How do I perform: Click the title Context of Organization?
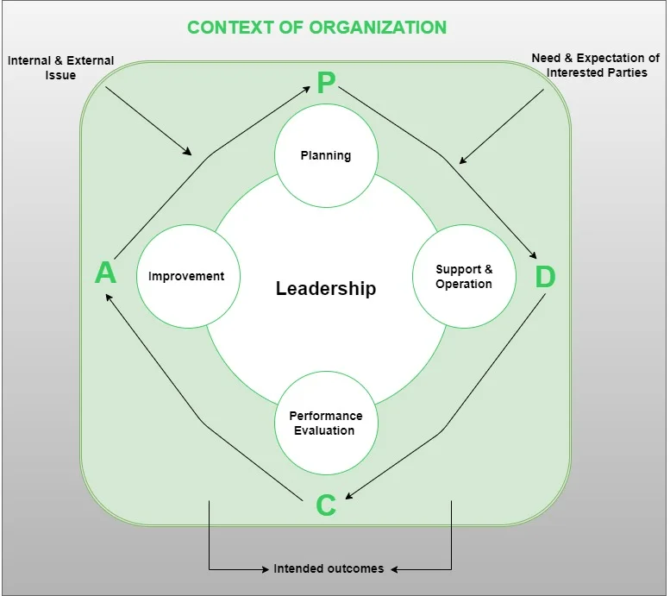[x=316, y=27]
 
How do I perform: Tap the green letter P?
[x=326, y=83]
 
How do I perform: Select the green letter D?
[x=545, y=277]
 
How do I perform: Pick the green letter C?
[x=325, y=505]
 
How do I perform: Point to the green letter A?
[x=105, y=273]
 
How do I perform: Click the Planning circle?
[x=326, y=155]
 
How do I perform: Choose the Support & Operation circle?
[x=464, y=277]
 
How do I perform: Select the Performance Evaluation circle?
[x=326, y=423]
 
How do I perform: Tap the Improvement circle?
[x=186, y=276]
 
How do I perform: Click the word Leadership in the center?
[x=326, y=288]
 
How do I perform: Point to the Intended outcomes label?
[x=329, y=569]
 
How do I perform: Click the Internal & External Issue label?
[x=60, y=68]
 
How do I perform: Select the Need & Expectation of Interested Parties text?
[x=595, y=66]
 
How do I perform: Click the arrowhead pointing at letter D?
[x=534, y=255]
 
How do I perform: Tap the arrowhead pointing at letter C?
[x=349, y=497]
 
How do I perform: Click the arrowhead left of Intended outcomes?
[x=266, y=569]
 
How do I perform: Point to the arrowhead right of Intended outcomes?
[x=392, y=569]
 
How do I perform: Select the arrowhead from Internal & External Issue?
[x=189, y=152]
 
